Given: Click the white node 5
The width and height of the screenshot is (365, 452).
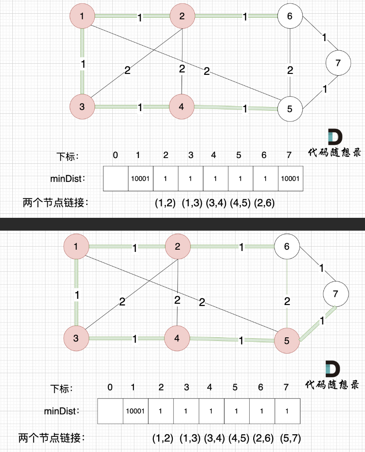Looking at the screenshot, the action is (x=290, y=108).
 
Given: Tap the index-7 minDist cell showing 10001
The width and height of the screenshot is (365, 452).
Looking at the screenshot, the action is (x=291, y=178).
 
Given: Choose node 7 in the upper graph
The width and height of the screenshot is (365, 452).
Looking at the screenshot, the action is (x=338, y=62).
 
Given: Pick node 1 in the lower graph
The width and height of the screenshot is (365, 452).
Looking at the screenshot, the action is (x=76, y=246).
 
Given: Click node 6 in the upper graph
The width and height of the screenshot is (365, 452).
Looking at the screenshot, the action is (x=290, y=16).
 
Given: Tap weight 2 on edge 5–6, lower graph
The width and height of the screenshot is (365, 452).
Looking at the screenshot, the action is (x=287, y=302).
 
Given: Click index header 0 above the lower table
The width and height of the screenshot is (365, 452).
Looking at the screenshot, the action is (x=110, y=387).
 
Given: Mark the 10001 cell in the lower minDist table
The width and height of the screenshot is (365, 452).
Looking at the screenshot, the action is (x=135, y=411).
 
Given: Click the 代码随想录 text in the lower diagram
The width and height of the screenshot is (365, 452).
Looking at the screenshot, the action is (x=333, y=384).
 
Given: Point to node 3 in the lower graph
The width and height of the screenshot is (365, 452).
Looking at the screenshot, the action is (x=76, y=339).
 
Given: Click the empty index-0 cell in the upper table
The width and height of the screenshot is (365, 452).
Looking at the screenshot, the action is (x=115, y=178).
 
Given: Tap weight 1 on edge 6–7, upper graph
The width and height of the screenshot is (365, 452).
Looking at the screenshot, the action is (x=325, y=38).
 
